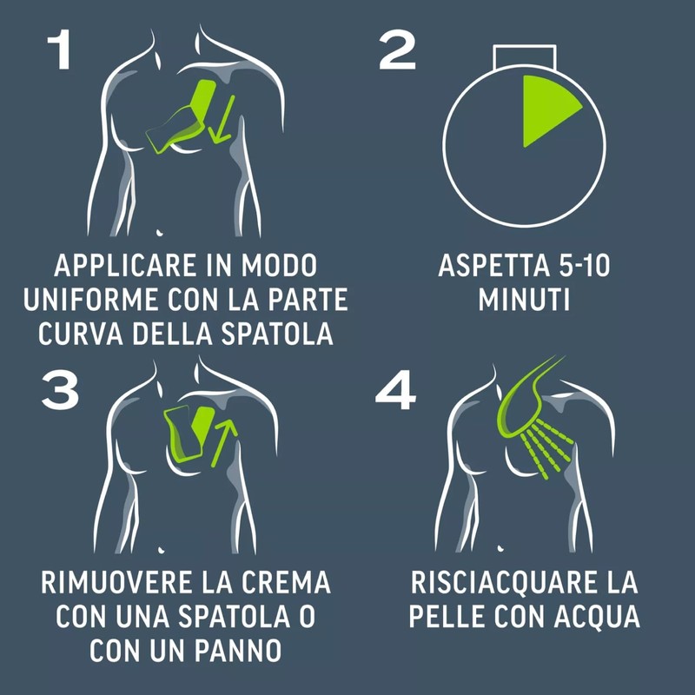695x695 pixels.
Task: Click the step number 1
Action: click(x=59, y=50)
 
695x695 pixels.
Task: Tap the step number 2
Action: click(x=397, y=50)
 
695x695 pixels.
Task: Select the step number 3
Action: click(x=60, y=389)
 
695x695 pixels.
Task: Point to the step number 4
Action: click(x=395, y=389)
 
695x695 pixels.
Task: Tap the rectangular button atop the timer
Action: click(x=525, y=56)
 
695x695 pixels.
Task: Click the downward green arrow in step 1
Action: click(x=222, y=120)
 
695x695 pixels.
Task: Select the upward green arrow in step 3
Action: click(x=224, y=443)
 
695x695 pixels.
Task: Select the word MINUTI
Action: click(x=525, y=300)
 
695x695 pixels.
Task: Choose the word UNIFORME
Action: click(x=90, y=300)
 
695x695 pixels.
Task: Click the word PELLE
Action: click(x=447, y=617)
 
